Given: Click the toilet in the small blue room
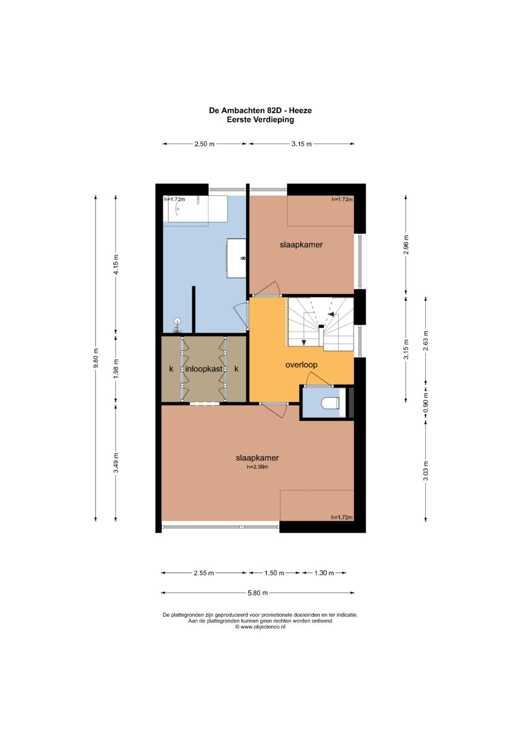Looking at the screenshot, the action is point(330,403).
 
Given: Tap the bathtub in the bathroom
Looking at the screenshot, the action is point(198,209).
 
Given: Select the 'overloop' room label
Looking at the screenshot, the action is point(302,365).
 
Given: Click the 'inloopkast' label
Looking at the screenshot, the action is point(204,369).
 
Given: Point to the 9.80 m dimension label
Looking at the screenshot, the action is point(96,359).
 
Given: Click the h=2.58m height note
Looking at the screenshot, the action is point(258,467).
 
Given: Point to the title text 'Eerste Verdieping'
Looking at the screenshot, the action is point(260,120).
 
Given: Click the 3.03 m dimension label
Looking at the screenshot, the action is point(426,471).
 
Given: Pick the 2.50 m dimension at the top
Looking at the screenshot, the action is point(204,144).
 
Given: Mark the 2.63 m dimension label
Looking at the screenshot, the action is point(426,340).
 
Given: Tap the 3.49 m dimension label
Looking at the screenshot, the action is point(116,463).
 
